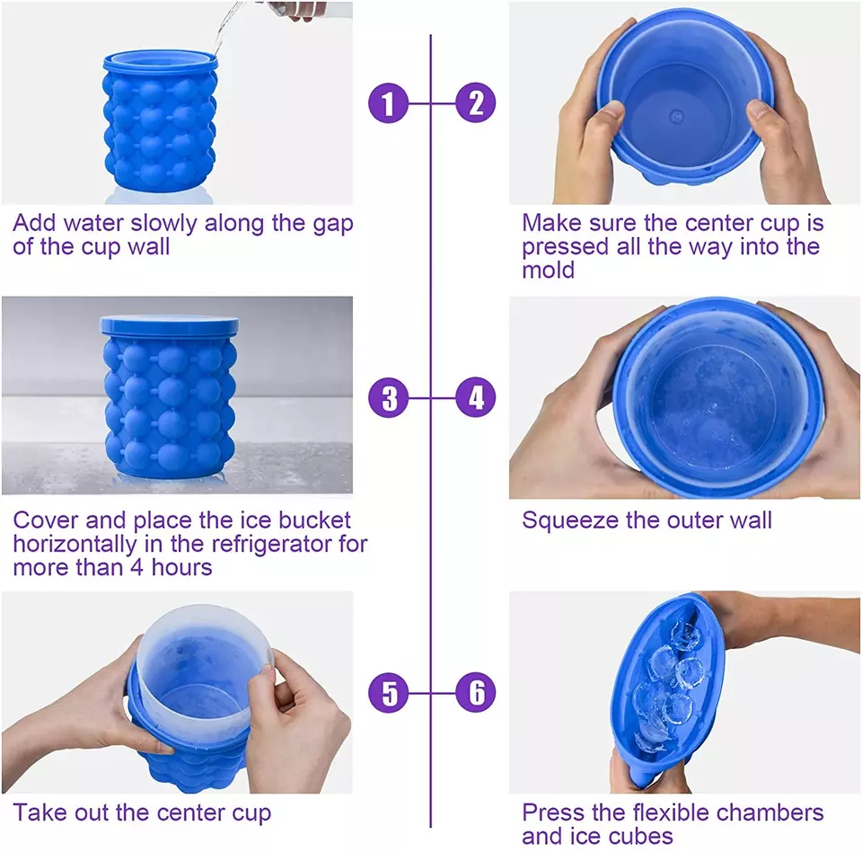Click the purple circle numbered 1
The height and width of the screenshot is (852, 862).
388,103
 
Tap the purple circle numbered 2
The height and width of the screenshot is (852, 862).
475,103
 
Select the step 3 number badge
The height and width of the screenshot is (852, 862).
388,397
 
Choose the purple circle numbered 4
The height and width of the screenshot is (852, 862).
475,397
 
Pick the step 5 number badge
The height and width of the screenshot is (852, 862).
388,692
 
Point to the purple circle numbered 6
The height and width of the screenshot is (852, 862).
475,692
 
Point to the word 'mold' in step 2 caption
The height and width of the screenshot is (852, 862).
548,270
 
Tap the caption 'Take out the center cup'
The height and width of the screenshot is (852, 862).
141,813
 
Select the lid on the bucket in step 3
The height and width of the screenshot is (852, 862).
170,325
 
